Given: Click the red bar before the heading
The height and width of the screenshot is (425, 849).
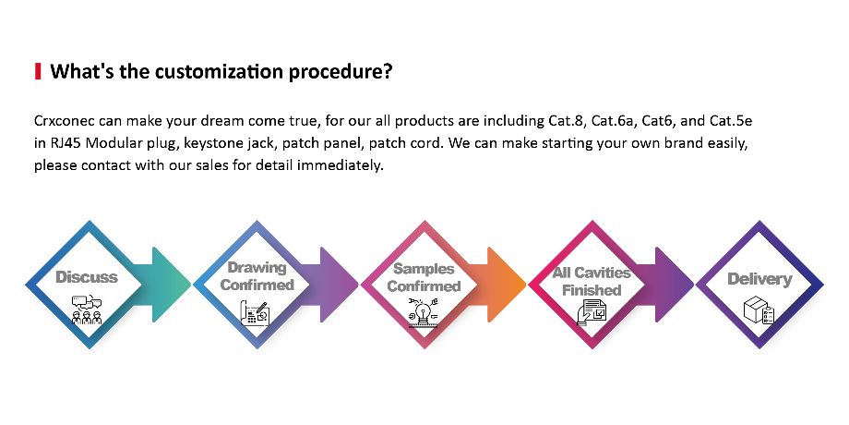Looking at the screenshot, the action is coord(38,71).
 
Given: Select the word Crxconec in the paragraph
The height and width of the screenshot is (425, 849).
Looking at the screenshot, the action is coord(65,120).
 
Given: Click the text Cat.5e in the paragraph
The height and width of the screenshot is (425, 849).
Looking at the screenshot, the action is coord(731,120).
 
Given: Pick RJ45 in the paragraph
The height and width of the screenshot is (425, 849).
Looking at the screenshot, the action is coord(66,143).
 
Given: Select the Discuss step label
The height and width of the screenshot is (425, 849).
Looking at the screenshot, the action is coord(87,277).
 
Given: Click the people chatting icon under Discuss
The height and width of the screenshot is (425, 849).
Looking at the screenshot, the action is coord(87,310).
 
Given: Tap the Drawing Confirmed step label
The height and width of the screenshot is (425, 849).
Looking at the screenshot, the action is coord(257,276).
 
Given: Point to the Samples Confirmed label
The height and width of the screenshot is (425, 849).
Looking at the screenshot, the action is coord(424,277).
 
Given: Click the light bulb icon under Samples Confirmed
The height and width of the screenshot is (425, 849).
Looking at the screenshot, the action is coord(424,312).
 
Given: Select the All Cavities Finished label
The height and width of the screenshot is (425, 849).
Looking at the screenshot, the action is coord(592,282).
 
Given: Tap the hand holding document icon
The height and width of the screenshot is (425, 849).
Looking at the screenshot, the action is coord(592,312).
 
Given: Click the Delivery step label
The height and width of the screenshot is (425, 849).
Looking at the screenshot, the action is coord(759,279).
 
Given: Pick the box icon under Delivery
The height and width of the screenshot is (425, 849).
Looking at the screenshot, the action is coord(759,310).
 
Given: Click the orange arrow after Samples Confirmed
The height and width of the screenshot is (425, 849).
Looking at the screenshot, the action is coord(498,285).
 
